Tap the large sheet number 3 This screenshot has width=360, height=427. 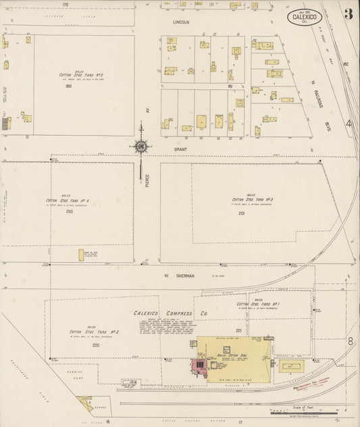pyautogui.click(x=346, y=14)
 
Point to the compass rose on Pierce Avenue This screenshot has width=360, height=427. pyautogui.click(x=141, y=146)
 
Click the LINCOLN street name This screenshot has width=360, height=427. pyautogui.click(x=181, y=22)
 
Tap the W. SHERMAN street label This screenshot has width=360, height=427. pyautogui.click(x=179, y=276)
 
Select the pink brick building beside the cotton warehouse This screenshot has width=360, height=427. pyautogui.click(x=200, y=367)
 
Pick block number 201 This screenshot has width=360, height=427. pyautogui.click(x=241, y=213)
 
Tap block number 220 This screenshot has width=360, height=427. pyautogui.click(x=95, y=345)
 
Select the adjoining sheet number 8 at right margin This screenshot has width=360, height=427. pyautogui.click(x=350, y=342)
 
